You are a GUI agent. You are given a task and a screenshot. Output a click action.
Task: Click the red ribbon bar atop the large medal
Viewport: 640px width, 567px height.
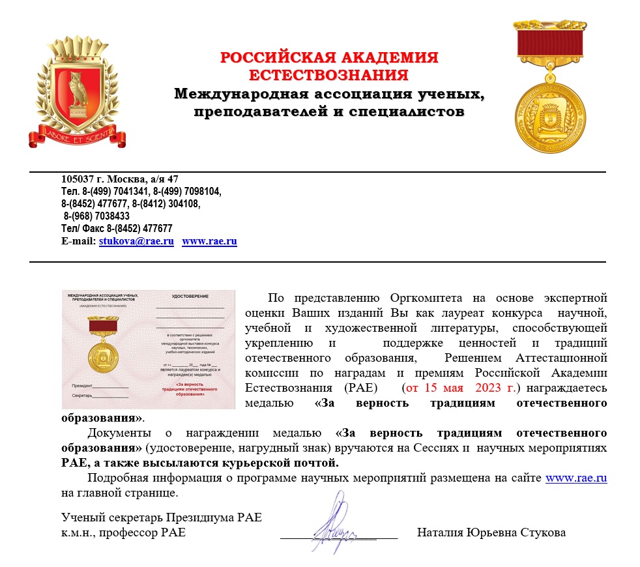551,44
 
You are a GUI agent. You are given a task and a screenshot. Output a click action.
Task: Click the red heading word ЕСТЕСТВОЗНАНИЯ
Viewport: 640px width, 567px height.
328,74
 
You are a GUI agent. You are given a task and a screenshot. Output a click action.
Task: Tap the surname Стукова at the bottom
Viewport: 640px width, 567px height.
542,533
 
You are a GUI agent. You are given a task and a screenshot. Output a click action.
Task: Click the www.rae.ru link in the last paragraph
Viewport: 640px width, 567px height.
576,478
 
